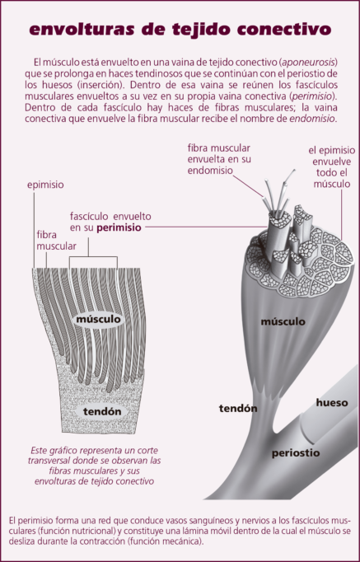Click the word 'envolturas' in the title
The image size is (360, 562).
82,30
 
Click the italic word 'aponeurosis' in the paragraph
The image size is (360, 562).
308,63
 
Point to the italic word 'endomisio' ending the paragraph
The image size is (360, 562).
312,119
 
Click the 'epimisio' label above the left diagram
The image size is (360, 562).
45,185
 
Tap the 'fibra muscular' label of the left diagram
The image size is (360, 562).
56,241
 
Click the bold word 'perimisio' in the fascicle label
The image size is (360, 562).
119,227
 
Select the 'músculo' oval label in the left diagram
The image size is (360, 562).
99,320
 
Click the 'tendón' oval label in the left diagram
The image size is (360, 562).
102,411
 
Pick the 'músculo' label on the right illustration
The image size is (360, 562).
283,321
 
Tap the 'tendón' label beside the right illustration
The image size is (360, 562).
238,408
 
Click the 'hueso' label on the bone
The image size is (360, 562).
332,403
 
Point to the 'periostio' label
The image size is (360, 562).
296,453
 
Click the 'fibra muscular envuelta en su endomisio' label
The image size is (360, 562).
219,159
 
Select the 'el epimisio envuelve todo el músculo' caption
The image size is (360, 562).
332,167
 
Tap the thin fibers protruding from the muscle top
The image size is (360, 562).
279,194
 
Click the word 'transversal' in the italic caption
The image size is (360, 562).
49,461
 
